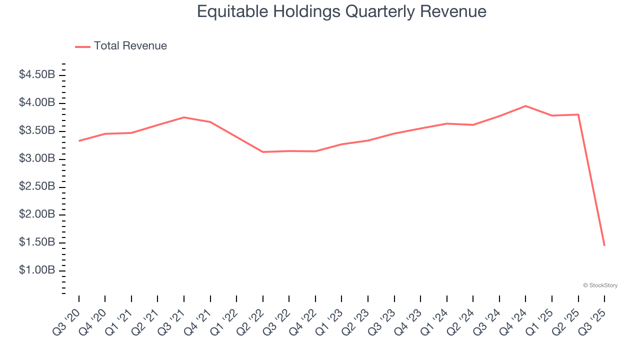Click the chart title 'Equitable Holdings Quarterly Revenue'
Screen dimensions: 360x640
point(341,11)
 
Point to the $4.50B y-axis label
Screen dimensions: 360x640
point(36,74)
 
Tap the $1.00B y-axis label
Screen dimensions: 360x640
point(36,270)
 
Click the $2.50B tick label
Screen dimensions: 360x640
point(36,186)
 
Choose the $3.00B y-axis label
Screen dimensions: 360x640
point(36,158)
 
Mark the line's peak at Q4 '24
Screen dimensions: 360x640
point(525,106)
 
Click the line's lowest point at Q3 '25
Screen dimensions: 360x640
point(604,245)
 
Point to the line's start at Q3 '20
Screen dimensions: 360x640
point(79,141)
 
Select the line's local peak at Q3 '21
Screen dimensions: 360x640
point(184,117)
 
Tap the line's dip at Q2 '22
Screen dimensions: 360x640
point(263,152)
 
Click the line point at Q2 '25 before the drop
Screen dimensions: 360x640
point(578,114)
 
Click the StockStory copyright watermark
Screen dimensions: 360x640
point(600,285)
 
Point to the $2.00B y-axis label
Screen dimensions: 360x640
point(36,214)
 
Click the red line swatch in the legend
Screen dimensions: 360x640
point(82,46)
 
